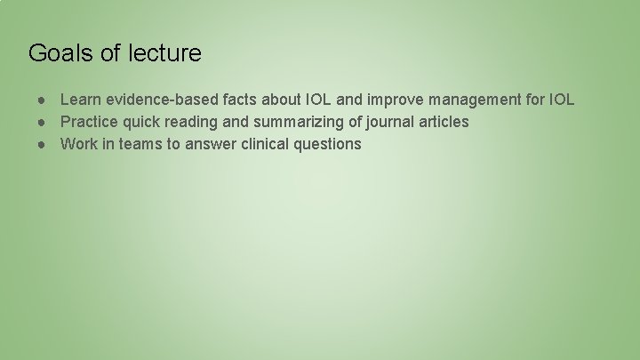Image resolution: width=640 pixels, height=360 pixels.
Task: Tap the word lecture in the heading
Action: pyautogui.click(x=164, y=53)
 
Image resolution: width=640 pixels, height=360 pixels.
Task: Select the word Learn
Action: pyautogui.click(x=80, y=100)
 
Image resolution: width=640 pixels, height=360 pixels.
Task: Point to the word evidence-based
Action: pyautogui.click(x=158, y=100)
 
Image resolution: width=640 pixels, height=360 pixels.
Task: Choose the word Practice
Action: pyautogui.click(x=89, y=122)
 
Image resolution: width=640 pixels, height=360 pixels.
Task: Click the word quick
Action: pyautogui.click(x=141, y=122)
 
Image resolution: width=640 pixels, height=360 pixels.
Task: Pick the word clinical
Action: pyautogui.click(x=267, y=144)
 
